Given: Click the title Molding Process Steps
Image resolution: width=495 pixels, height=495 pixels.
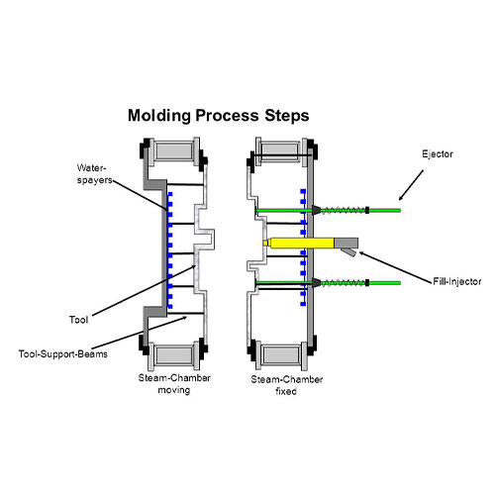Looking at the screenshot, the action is click(219, 116).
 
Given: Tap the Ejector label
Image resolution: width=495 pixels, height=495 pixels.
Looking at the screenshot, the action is click(438, 154).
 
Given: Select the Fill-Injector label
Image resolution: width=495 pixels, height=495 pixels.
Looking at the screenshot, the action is click(457, 281).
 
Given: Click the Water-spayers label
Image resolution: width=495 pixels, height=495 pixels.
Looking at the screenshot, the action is click(95, 174).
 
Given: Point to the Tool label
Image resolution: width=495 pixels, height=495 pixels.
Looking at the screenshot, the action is click(78, 320).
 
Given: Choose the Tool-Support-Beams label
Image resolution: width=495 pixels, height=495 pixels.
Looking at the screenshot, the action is click(63, 354).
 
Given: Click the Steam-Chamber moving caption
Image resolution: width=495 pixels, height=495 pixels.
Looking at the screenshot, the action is click(174, 383).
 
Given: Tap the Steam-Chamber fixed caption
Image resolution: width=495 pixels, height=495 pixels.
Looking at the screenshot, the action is click(286, 385).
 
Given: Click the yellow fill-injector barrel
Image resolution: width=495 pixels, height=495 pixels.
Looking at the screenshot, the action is click(299, 244).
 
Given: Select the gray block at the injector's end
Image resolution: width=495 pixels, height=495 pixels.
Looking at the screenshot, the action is click(346, 243).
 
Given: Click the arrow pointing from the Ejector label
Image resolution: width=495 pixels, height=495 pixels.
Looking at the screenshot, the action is click(411, 185).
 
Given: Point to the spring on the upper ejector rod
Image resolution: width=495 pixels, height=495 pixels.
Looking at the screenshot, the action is click(343, 210).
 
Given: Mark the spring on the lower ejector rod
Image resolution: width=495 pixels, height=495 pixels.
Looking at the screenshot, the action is click(343, 283).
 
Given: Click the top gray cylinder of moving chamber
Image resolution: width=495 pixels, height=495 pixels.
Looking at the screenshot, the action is click(174, 151).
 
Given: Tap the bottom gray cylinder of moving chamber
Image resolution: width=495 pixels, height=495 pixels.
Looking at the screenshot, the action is click(174, 355).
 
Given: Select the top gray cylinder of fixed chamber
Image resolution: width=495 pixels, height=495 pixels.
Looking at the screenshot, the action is click(281, 151).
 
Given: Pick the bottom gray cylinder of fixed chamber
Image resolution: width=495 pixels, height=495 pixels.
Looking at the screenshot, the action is click(281, 355).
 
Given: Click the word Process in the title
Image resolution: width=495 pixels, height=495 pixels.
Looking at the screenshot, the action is click(227, 116).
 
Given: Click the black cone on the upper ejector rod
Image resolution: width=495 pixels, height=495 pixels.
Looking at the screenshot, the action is click(317, 210).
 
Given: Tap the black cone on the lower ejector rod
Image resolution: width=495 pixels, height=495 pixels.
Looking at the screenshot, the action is click(317, 283).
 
